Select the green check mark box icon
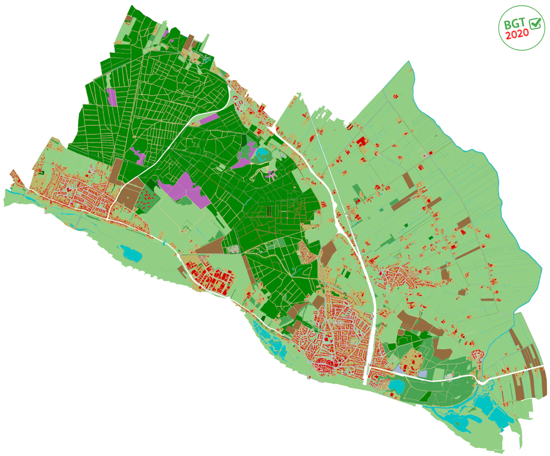[535, 23]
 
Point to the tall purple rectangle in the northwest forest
[112, 97]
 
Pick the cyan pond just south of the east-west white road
[398, 386]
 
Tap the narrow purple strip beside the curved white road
[208, 118]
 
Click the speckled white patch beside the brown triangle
[233, 249]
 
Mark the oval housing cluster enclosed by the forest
[307, 251]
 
